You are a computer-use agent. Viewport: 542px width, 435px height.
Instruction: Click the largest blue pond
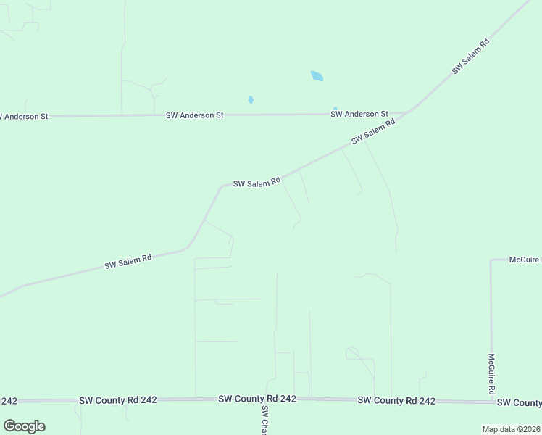click(x=317, y=75)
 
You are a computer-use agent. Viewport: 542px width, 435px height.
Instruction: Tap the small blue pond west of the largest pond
click(x=251, y=100)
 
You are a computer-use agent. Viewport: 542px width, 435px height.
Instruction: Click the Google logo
click(x=24, y=426)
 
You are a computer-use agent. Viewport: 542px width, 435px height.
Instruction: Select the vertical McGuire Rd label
click(x=491, y=374)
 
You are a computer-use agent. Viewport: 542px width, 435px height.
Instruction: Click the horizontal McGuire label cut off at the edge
click(x=525, y=259)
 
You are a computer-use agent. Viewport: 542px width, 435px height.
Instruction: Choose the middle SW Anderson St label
click(x=195, y=115)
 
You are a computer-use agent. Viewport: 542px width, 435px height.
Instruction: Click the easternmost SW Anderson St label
click(x=359, y=114)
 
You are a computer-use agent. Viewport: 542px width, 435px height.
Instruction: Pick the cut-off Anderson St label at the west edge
click(x=24, y=116)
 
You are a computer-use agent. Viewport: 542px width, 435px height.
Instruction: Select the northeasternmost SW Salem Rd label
click(x=471, y=56)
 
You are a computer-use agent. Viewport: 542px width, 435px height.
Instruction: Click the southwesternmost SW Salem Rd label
click(x=128, y=262)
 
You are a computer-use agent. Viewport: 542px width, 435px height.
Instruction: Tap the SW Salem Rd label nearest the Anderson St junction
click(x=373, y=131)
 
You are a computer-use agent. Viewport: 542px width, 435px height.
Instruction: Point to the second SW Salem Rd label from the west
click(x=257, y=183)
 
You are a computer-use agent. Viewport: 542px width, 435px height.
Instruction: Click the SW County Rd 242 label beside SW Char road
click(x=257, y=399)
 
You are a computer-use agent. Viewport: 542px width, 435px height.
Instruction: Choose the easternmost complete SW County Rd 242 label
click(x=396, y=400)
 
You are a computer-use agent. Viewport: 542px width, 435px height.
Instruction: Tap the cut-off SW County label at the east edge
click(x=520, y=402)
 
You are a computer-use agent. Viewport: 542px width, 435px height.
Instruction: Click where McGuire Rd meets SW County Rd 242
click(x=491, y=401)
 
